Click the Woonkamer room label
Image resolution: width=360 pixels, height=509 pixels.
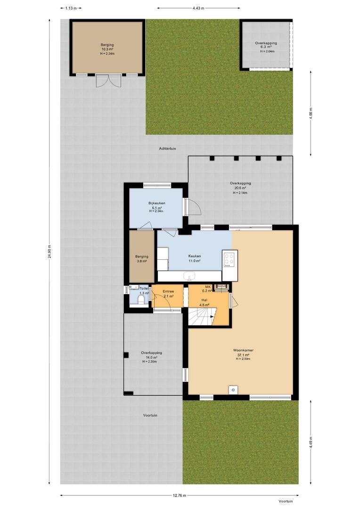pos(243,350)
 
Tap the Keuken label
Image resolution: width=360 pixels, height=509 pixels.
pos(195,256)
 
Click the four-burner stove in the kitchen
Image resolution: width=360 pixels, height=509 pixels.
pos(229,259)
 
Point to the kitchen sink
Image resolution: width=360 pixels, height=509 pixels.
pos(189,276)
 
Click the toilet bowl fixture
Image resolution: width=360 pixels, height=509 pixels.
pos(142,299)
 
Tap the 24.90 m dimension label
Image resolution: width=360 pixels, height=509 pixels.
pos(49,251)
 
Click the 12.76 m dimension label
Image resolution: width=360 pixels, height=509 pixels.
pos(179,495)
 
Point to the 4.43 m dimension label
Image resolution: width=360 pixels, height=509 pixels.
pos(198,8)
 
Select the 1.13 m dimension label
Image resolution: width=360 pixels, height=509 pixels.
pos(71,8)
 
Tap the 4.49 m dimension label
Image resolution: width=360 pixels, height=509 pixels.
pos(311,442)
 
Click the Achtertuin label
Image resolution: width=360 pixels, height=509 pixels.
pos(167,148)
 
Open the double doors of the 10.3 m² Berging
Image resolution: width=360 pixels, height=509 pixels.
pos(107,81)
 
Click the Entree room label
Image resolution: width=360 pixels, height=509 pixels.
pos(168,291)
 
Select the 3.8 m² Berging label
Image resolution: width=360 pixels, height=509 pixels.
pos(141,258)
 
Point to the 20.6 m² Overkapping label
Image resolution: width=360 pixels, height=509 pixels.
pos(240,188)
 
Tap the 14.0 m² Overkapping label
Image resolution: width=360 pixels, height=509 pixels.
pos(151,357)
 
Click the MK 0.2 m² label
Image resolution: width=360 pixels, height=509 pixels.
pos(208,288)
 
